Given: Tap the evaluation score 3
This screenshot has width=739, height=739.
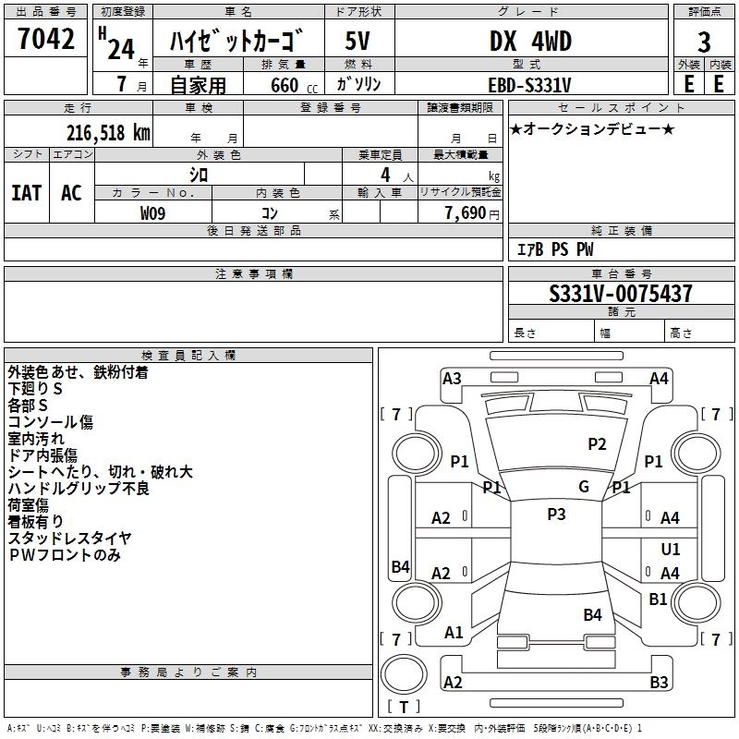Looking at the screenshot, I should pos(704,43).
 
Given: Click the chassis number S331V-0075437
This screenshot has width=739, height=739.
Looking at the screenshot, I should pos(620,295).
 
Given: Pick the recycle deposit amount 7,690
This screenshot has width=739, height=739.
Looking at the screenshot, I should pos(466,212).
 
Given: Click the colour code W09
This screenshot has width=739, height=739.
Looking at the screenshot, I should pos(154,212).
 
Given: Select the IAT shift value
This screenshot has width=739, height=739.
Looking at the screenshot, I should pos(26,193).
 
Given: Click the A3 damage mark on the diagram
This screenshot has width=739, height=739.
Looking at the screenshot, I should pos(452,379).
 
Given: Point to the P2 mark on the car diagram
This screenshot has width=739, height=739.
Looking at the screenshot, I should pos(598,444).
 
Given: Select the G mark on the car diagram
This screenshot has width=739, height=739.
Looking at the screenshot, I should pos(583,487).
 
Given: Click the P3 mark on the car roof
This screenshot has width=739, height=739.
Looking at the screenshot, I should pos(556,515).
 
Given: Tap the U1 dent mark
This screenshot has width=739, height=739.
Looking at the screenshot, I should pos(671,549).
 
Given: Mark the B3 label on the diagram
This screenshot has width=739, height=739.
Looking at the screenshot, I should pos(659,683).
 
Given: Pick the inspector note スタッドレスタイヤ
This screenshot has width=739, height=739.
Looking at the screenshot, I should pos(70,538).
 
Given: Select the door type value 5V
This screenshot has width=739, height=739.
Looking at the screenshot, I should pos(358,42).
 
